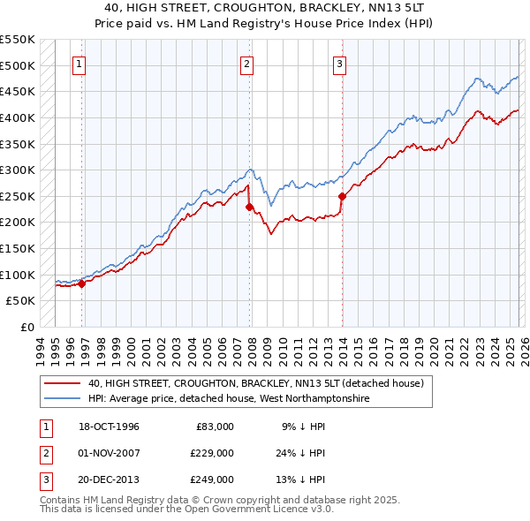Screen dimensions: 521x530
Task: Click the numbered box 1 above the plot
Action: click(79, 63)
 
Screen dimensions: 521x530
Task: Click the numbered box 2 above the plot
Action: click(246, 63)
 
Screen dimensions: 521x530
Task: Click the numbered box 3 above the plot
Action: click(339, 63)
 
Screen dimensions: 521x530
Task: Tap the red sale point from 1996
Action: click(82, 283)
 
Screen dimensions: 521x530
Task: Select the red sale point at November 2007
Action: click(249, 207)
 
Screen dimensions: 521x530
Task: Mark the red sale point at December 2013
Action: click(342, 197)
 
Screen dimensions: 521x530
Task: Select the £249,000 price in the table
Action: click(212, 479)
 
